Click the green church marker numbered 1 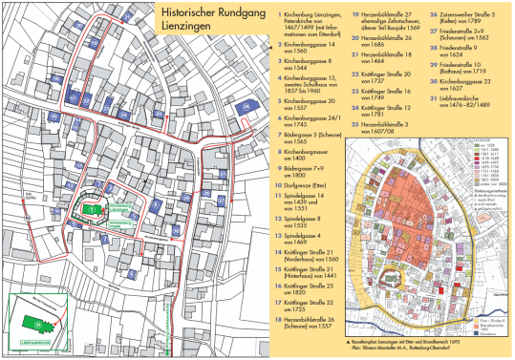pyautogui.click(x=94, y=209)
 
